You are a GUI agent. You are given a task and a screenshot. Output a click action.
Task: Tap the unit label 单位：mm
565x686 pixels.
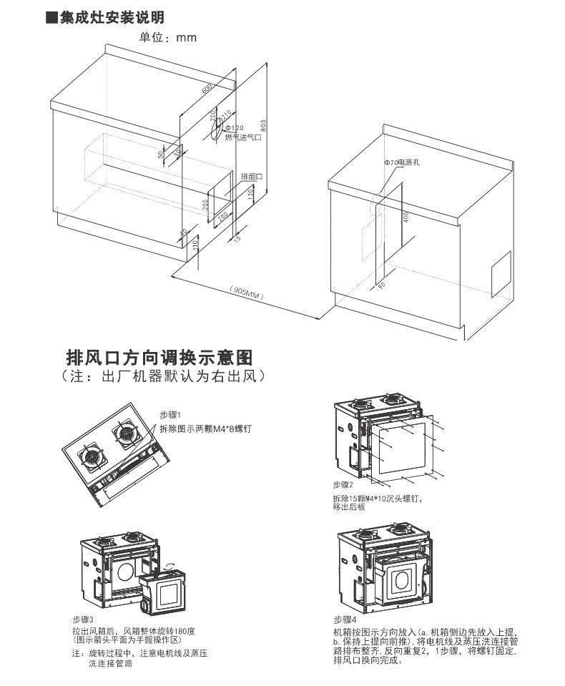tap(167, 36)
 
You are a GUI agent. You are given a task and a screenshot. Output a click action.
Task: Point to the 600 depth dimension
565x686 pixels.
tap(207, 89)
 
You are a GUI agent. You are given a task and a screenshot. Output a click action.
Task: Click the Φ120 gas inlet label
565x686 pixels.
tap(235, 128)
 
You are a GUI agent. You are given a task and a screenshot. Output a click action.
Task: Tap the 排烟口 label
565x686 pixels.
tap(251, 176)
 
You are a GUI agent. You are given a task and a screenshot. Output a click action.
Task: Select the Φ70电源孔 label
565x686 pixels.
tap(401, 163)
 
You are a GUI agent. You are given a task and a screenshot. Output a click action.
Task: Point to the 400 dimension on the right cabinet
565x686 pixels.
tap(406, 217)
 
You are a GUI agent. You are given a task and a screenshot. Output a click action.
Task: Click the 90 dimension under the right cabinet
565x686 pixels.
tap(380, 285)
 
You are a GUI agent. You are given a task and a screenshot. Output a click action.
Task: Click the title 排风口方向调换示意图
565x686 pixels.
tap(159, 357)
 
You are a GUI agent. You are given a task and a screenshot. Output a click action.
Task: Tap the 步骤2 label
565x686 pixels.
tap(344, 485)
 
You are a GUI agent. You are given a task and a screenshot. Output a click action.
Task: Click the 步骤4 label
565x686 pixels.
tap(345, 619)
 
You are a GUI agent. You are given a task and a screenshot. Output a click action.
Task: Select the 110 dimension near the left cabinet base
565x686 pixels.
tap(194, 244)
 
